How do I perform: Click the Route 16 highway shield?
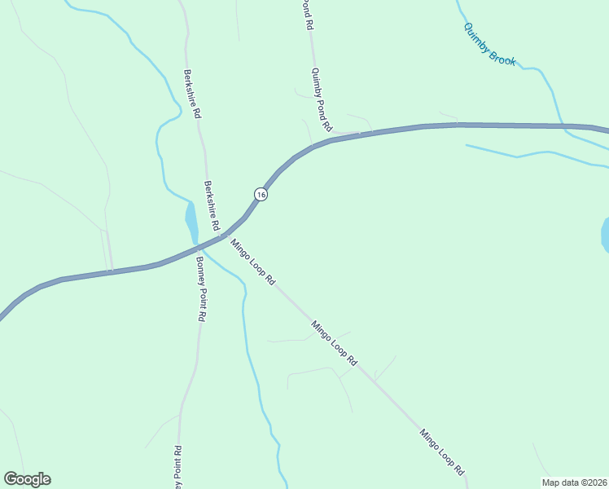point(260,194)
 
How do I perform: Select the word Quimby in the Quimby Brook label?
point(477,37)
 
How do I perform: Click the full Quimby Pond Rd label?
point(322,100)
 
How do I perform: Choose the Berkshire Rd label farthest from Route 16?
point(192,95)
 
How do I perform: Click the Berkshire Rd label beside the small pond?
point(212,205)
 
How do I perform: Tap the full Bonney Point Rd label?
point(199,289)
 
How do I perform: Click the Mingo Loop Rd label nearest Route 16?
point(252,261)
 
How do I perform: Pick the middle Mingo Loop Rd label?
point(334,341)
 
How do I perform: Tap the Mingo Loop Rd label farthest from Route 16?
point(442,452)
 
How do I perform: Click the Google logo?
point(27,479)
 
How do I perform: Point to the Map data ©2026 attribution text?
point(574,482)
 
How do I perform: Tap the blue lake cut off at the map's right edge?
point(605,235)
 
